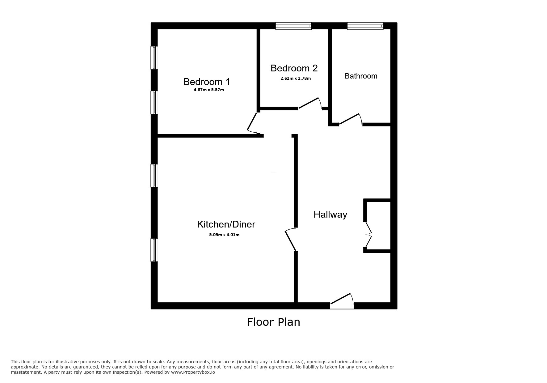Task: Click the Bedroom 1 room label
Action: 207,82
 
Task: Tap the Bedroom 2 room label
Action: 294,68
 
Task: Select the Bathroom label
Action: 361,76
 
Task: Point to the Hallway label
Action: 330,215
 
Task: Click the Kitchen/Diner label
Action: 226,224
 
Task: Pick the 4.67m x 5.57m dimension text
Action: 208,90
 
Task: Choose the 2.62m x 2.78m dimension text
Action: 296,79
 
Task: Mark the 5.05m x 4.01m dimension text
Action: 224,235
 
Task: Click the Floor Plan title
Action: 273,322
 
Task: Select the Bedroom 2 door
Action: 309,104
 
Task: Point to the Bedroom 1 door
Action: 252,123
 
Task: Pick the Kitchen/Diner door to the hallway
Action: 291,240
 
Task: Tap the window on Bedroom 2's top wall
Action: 293,26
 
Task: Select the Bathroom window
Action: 365,26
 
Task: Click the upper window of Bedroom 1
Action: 154,58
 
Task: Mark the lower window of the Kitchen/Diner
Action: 154,250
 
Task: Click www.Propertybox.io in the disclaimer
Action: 193,372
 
